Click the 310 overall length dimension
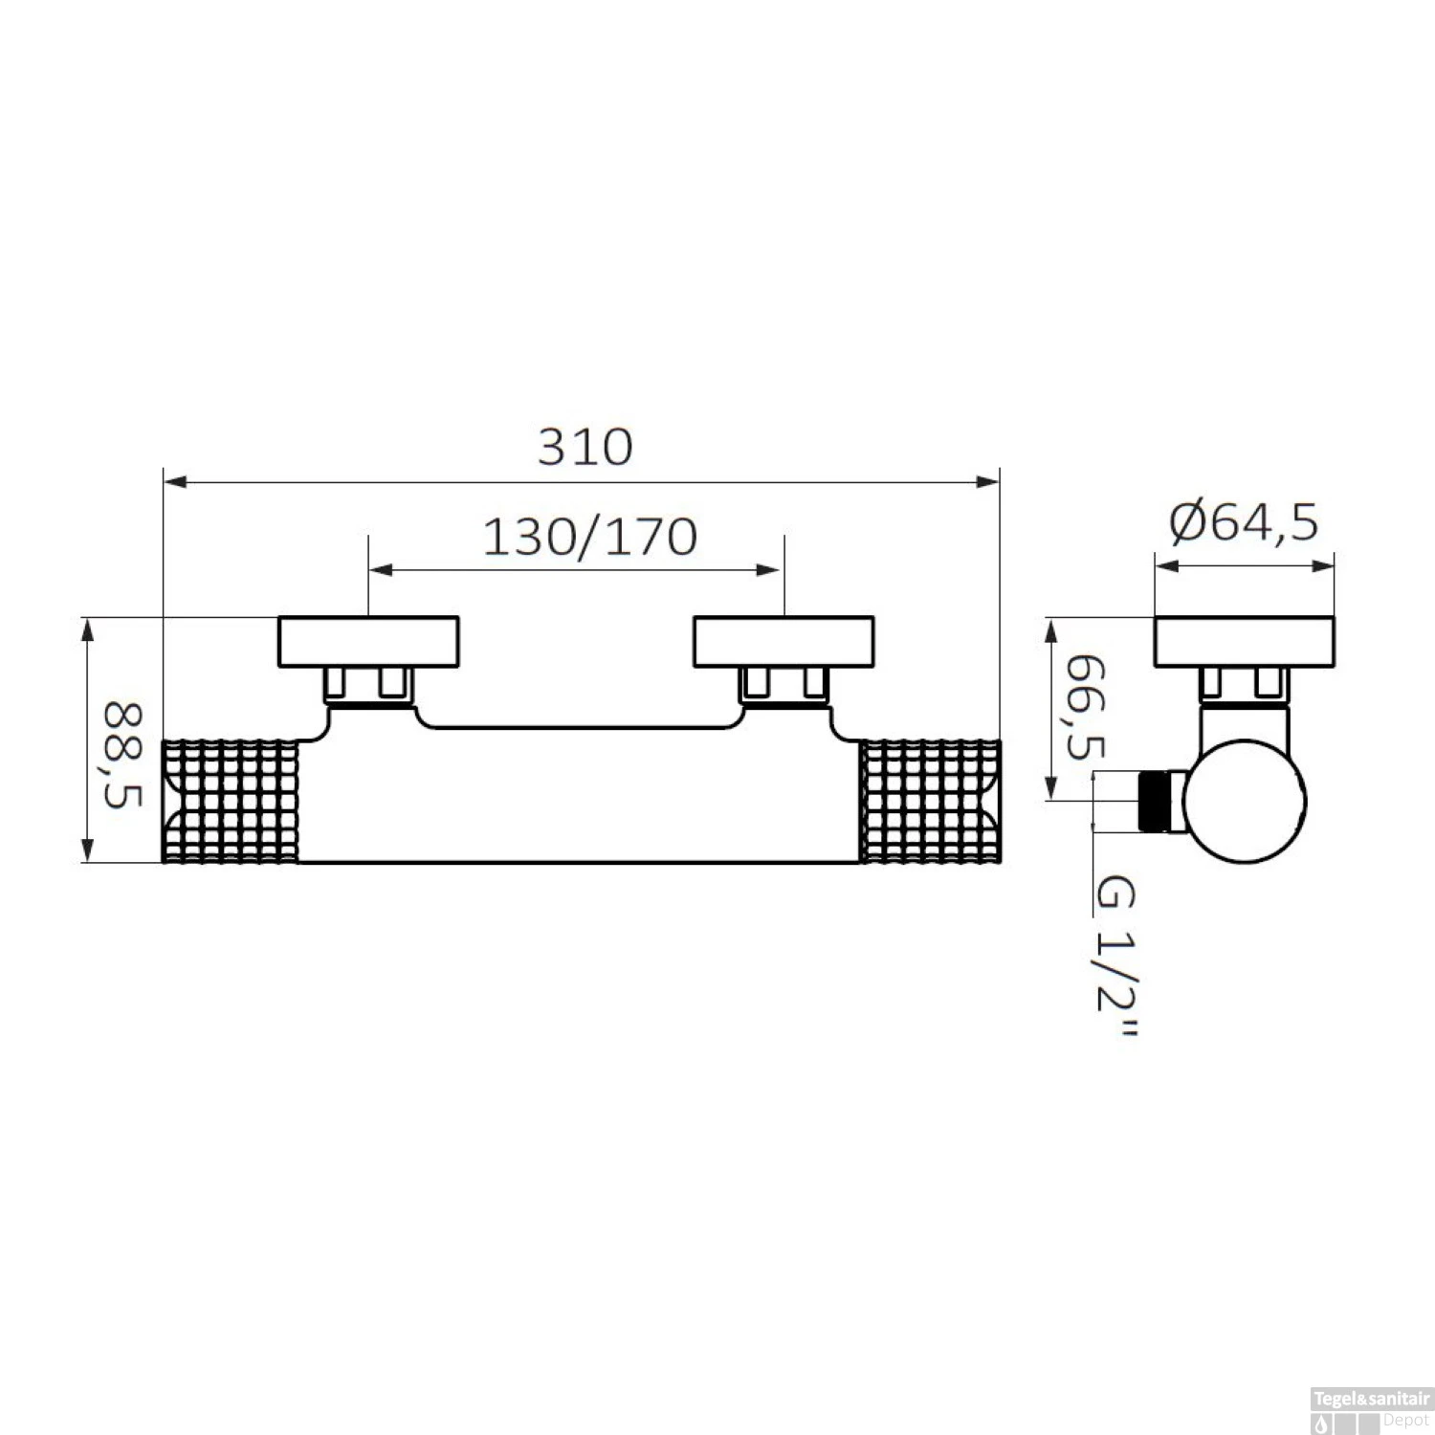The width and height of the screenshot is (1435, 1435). [585, 447]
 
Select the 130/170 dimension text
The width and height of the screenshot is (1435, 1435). [589, 538]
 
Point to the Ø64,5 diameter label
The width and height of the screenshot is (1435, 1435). [1245, 522]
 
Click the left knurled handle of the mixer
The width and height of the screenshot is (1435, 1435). [231, 802]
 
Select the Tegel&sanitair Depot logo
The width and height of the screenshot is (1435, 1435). [1371, 1411]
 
